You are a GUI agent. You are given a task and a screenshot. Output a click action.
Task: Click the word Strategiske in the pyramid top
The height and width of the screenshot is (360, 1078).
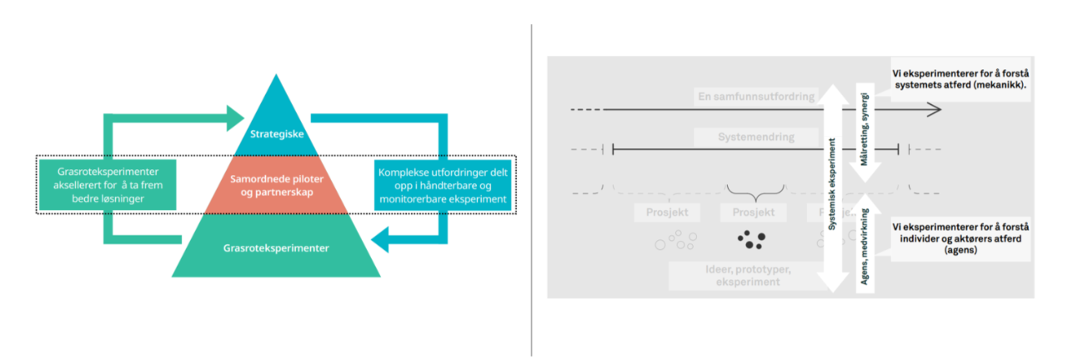coord(276,134)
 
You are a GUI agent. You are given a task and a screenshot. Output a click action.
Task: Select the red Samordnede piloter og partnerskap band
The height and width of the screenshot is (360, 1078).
coord(276,185)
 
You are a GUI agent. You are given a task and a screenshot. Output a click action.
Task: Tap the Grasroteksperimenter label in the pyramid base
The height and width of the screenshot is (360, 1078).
coord(276,247)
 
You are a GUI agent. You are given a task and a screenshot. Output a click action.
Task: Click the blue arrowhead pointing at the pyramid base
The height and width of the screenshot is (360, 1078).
coord(380,242)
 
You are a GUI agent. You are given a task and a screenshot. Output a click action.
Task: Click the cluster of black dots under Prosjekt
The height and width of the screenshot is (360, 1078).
coord(750,240)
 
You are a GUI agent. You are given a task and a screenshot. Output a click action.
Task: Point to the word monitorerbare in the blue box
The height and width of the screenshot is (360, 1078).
coord(414,200)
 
